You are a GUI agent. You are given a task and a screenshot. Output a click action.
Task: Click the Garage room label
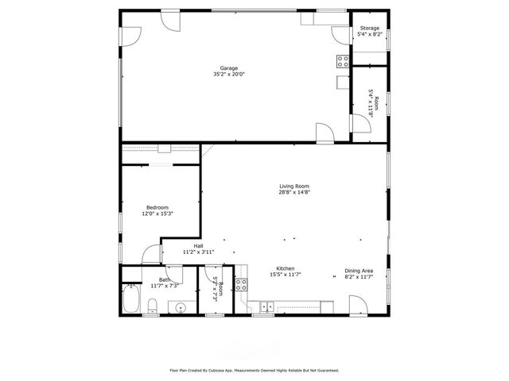[x=229, y=68]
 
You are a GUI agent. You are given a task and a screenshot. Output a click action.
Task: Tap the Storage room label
[x=371, y=29]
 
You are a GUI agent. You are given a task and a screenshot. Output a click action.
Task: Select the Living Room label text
[x=293, y=187]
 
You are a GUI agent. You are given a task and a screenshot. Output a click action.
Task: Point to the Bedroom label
[x=157, y=208]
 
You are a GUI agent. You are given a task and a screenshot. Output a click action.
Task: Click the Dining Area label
[x=358, y=270]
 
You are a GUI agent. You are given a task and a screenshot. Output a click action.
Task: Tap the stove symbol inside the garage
[x=343, y=60]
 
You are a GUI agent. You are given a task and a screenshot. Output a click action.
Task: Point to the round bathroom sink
[x=181, y=306]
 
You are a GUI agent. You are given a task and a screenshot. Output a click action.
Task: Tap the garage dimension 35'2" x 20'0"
[x=229, y=74]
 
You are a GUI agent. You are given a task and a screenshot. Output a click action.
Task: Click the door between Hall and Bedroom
[x=151, y=254]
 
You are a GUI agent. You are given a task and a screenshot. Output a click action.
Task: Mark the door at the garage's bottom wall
[x=325, y=133]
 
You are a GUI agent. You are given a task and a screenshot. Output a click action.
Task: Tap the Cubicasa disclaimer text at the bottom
[x=254, y=370]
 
